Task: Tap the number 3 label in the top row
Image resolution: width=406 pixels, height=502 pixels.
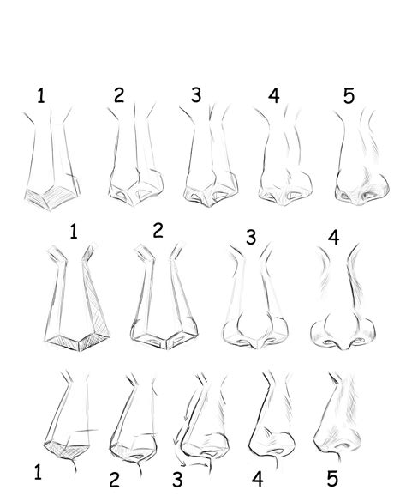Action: [x=196, y=95]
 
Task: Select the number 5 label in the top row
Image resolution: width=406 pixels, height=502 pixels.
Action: [x=349, y=96]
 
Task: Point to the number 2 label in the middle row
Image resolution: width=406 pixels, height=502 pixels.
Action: [x=157, y=230]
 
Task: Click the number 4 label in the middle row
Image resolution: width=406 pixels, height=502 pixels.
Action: [x=334, y=236]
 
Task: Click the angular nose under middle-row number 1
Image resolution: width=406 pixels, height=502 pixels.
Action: [x=75, y=305]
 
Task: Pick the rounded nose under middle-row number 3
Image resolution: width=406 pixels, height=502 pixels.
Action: [x=252, y=305]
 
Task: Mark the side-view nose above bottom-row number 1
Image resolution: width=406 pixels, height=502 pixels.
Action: [x=69, y=420]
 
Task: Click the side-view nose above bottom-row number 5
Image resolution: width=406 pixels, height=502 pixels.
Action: [x=338, y=420]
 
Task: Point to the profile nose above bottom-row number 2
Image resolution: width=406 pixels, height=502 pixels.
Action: [x=131, y=420]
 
